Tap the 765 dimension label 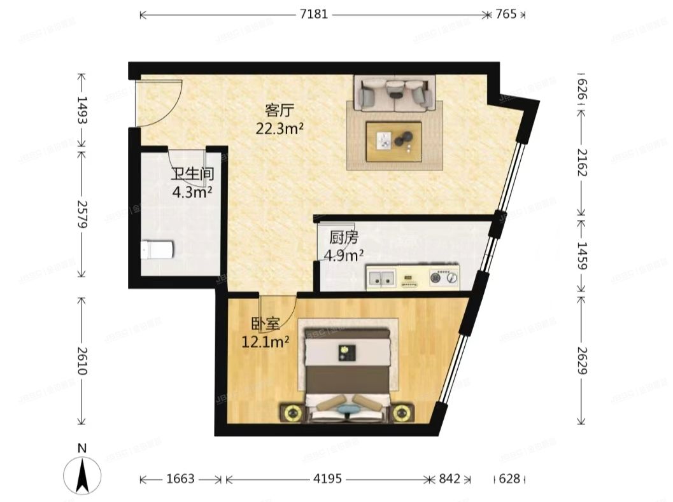pyautogui.click(x=506, y=14)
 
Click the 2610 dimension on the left pyautogui.click(x=81, y=360)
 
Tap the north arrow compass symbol pyautogui.click(x=82, y=474)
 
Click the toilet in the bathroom pyautogui.click(x=157, y=250)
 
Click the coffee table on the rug pyautogui.click(x=393, y=140)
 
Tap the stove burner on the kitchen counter pyautogui.click(x=444, y=277)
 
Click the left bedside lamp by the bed pyautogui.click(x=292, y=413)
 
